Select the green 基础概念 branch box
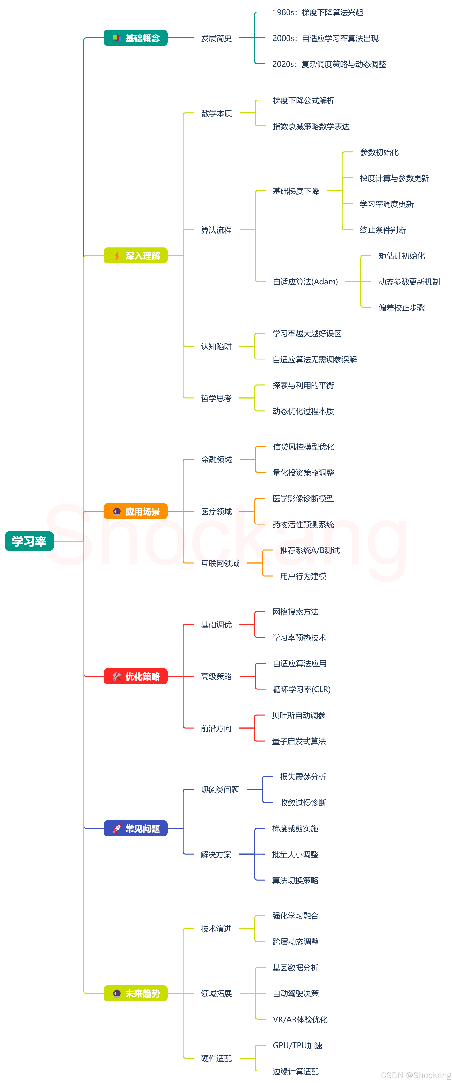(x=135, y=38)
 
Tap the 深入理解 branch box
(x=135, y=256)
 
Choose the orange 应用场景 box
(x=135, y=511)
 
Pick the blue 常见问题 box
(x=135, y=828)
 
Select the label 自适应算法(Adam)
(x=305, y=282)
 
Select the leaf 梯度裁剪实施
(x=295, y=828)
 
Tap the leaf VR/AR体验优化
(x=300, y=1019)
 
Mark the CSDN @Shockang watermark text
(x=415, y=1075)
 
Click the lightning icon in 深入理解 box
(x=117, y=256)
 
